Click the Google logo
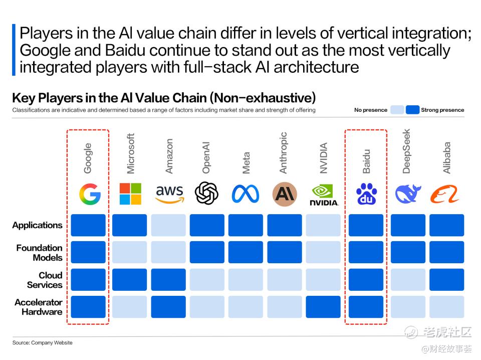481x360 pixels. [90, 194]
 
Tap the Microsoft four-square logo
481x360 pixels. [130, 194]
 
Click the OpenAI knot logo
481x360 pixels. [207, 194]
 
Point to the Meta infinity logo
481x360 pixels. [246, 194]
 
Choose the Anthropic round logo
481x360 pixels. [284, 194]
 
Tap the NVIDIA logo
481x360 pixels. [324, 195]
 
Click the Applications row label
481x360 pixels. [38, 225]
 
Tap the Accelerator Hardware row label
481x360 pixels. [39, 307]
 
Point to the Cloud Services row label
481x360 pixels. [45, 280]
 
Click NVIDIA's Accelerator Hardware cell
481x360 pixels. [323, 307]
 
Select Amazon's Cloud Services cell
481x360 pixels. [168, 280]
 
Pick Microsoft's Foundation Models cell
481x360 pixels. [130, 252]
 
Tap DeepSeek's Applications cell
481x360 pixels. [408, 225]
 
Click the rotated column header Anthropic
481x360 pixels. [284, 153]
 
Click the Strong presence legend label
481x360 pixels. [442, 110]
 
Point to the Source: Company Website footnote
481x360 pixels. [43, 343]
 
